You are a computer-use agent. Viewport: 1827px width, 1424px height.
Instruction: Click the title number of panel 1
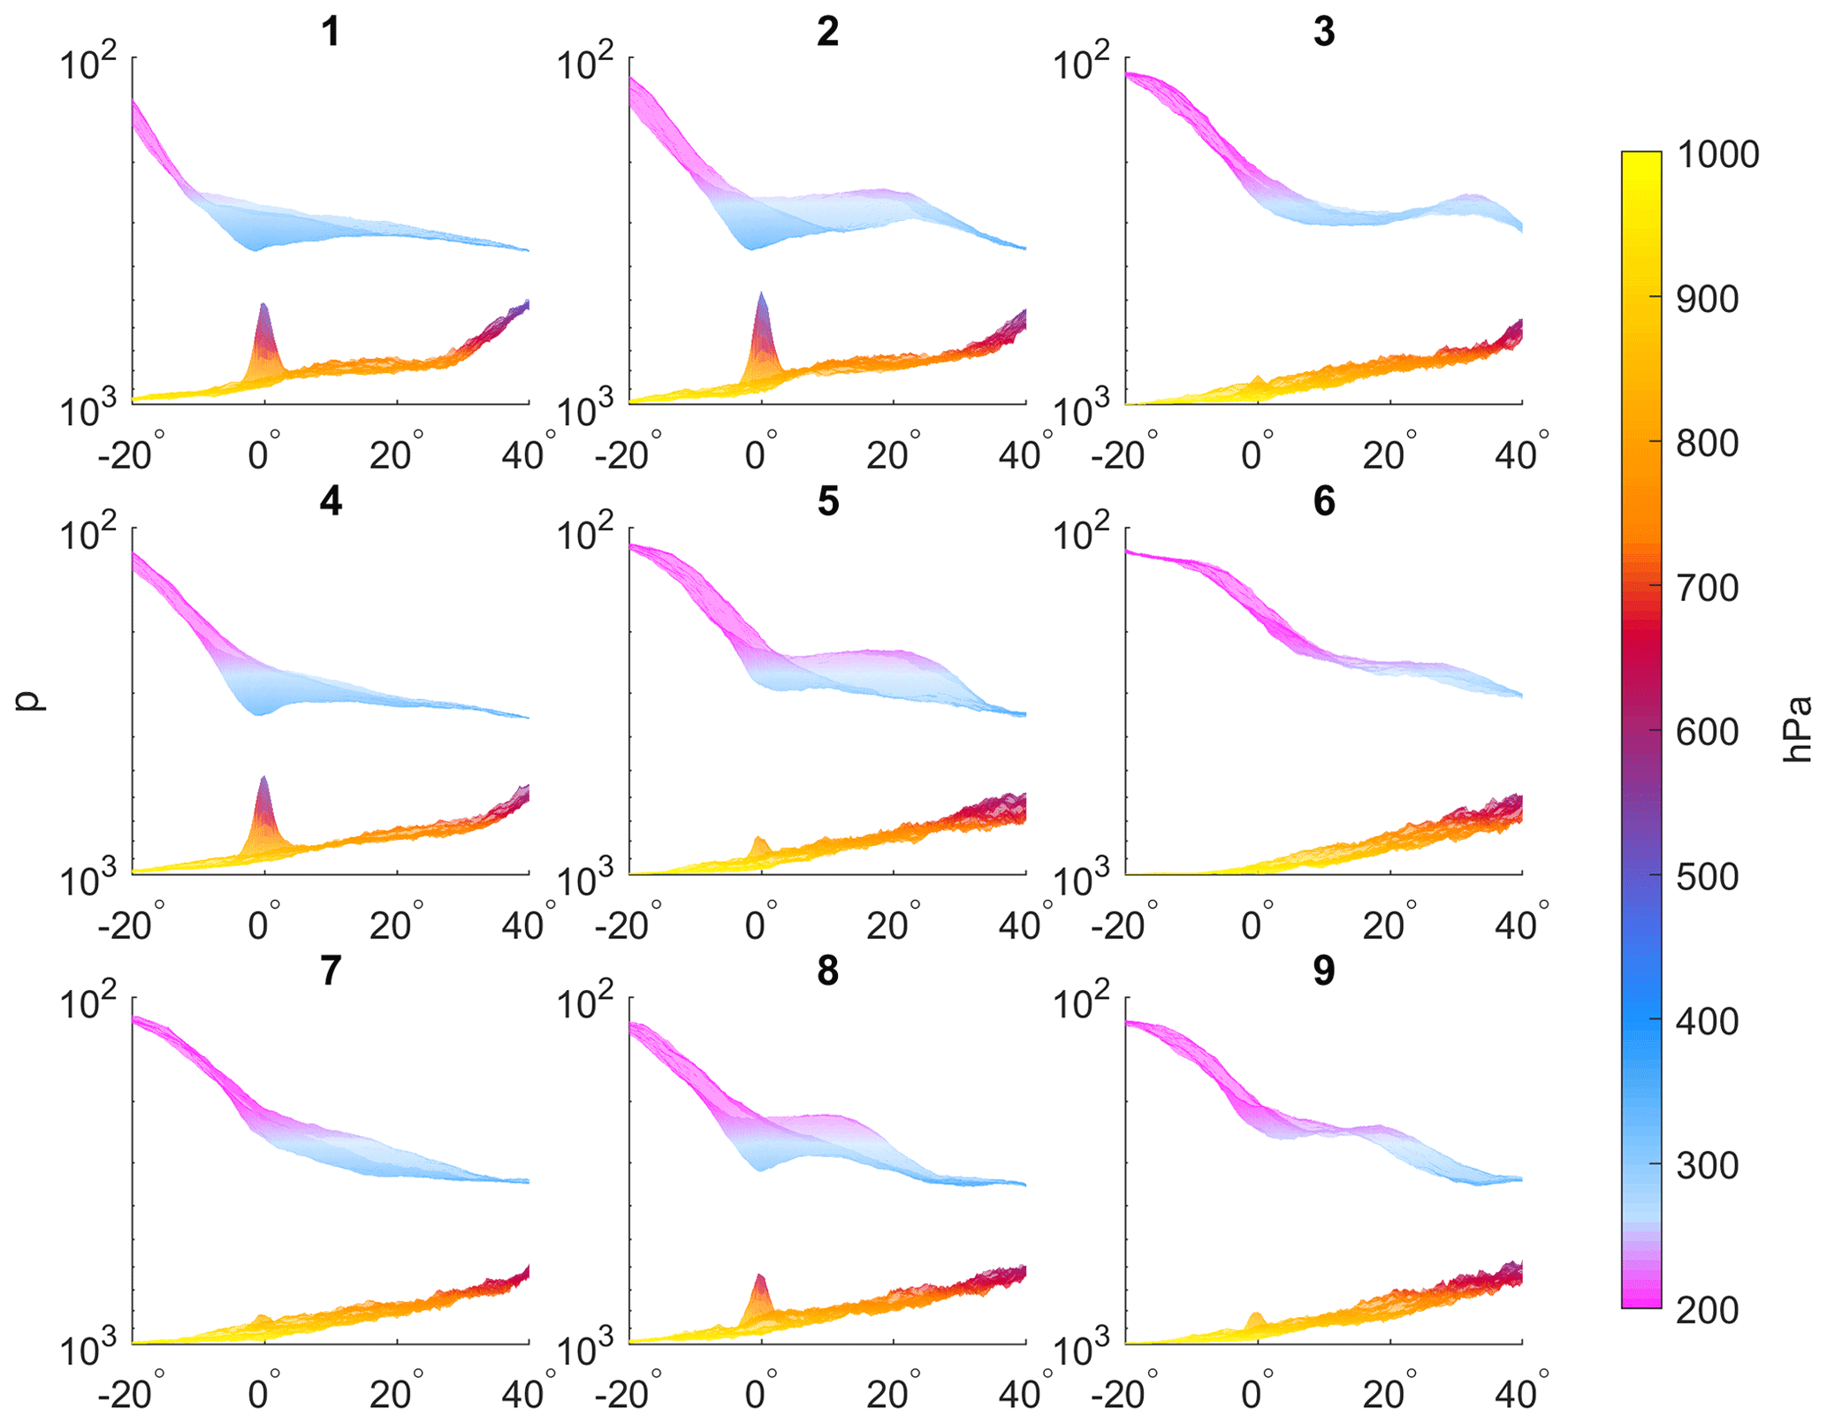[x=331, y=32]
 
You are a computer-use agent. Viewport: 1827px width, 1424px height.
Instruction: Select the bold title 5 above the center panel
[x=827, y=501]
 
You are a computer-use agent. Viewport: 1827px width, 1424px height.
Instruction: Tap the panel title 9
[x=1323, y=971]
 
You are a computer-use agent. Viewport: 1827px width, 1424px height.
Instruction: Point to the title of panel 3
[x=1323, y=32]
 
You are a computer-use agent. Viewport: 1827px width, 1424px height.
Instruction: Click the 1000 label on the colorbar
[x=1717, y=156]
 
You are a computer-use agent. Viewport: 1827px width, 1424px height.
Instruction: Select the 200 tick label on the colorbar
[x=1707, y=1310]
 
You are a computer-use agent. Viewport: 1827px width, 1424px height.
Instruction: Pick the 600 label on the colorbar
[x=1707, y=732]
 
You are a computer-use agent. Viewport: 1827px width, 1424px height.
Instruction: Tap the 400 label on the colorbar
[x=1707, y=1021]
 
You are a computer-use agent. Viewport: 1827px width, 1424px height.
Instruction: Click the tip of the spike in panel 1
[x=263, y=305]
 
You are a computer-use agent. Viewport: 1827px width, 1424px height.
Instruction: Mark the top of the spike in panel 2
[x=761, y=293]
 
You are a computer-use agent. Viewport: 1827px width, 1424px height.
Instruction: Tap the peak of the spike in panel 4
[x=263, y=778]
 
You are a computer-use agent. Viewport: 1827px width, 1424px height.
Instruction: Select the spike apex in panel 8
[x=759, y=1276]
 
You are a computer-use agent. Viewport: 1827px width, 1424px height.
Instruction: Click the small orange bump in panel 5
[x=758, y=840]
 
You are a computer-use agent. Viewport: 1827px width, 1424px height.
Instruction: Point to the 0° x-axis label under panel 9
[x=1253, y=1395]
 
